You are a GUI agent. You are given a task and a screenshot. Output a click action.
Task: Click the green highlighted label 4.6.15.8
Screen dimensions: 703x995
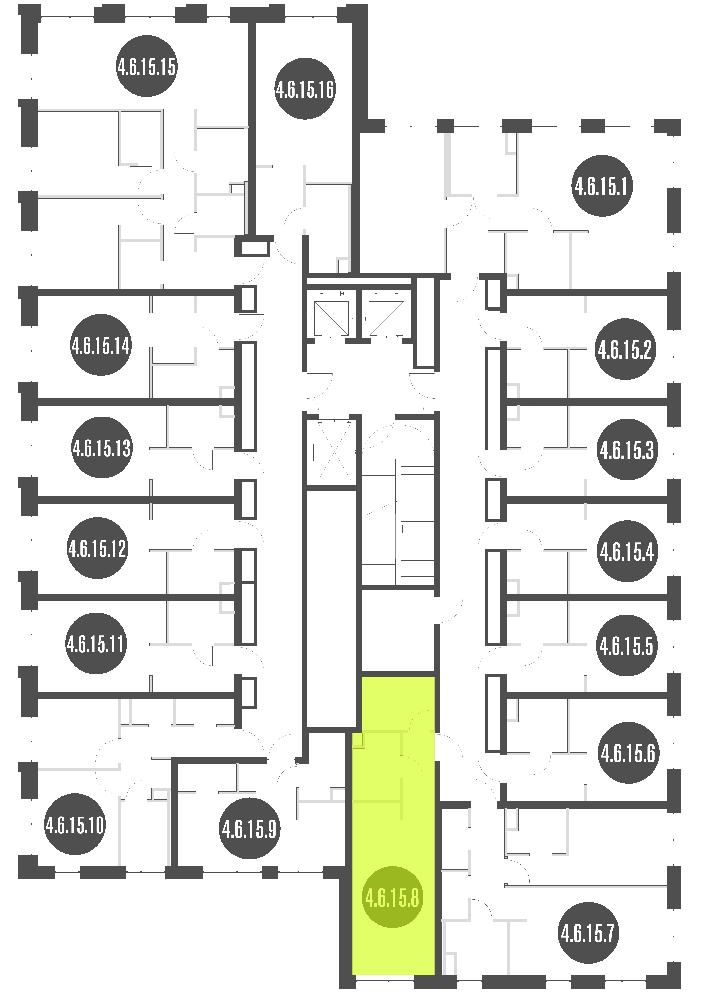tap(392, 897)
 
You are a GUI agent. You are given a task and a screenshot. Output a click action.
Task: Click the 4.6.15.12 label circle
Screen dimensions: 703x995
tap(97, 548)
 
